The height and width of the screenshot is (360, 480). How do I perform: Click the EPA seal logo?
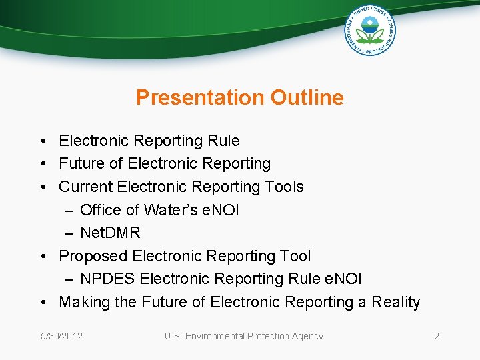tap(369, 30)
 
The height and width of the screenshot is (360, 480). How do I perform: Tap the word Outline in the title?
tap(307, 97)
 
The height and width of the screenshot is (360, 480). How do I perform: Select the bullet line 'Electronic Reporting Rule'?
tap(149, 141)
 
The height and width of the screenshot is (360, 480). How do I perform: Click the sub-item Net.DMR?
tap(110, 233)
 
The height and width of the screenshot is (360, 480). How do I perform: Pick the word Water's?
tap(171, 210)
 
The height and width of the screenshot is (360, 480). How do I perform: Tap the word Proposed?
tap(93, 256)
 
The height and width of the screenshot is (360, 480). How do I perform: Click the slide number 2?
tap(437, 336)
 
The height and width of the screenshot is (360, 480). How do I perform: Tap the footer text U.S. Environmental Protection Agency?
tap(244, 336)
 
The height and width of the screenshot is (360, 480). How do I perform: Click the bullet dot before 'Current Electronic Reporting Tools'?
tap(43, 187)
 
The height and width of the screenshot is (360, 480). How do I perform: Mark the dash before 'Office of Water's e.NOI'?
tap(70, 210)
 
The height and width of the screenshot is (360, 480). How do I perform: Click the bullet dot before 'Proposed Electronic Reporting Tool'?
tap(43, 256)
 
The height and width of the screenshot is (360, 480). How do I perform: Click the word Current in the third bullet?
tap(85, 187)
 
